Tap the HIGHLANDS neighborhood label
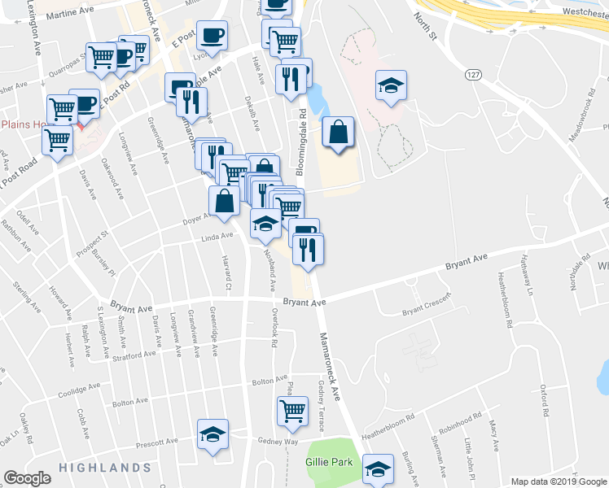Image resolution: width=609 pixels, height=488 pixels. coord(104,468)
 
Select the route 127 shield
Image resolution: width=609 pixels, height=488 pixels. coord(471,74)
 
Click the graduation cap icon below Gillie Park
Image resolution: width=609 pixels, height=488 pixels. coord(379,469)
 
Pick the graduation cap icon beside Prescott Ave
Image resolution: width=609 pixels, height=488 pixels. coord(213,434)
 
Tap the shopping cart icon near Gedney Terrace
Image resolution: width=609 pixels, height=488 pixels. coord(291,411)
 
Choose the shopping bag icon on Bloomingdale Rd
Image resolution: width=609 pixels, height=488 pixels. coord(338,133)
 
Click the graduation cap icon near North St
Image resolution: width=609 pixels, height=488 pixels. coord(391,86)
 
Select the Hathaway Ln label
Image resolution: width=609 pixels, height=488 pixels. coord(528,278)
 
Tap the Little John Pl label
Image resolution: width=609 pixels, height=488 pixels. coord(467,457)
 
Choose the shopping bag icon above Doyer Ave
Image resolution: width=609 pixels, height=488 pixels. coord(224,202)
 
